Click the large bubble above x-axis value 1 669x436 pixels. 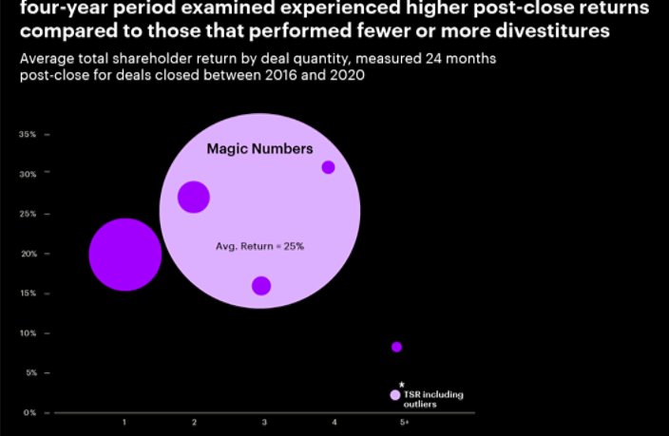124,254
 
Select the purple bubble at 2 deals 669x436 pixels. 194,197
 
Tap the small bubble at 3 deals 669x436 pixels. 261,286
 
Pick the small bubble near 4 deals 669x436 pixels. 328,167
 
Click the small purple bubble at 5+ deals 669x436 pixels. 396,347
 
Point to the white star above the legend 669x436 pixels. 401,385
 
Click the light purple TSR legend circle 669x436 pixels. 395,395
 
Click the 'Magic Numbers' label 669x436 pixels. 259,149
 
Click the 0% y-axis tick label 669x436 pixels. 29,413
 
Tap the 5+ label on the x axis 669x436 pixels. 404,422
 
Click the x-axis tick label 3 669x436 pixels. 264,422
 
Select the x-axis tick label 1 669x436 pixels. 124,422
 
